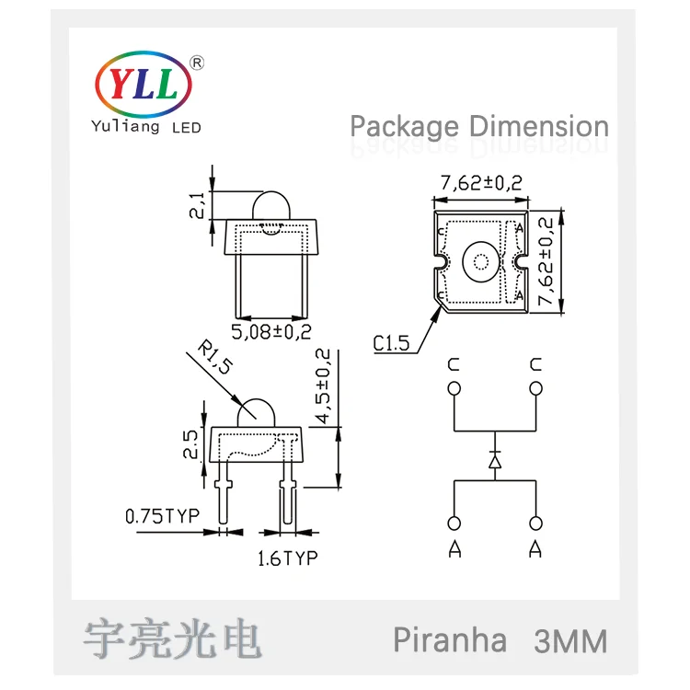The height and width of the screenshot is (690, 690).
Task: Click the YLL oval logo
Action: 144,84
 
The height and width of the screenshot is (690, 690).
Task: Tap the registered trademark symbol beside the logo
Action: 197,63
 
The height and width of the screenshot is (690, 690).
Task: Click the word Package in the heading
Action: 404,127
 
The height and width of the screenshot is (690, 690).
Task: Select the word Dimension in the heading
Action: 539,126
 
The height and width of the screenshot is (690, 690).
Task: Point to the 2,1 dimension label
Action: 197,205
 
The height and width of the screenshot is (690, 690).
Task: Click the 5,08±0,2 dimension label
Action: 271,332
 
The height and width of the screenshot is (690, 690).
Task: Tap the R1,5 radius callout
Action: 215,356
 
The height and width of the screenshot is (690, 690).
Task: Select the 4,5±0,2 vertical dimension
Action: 324,385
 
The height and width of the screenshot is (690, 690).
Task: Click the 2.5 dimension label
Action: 190,444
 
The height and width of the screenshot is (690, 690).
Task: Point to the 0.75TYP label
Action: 162,516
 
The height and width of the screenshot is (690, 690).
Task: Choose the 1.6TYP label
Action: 287,558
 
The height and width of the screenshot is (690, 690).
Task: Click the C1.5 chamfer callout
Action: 391,343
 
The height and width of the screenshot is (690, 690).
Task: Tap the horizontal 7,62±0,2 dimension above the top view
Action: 481,183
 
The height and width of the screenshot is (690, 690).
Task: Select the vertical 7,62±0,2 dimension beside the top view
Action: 546,261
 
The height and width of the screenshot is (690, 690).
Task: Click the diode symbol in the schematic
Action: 495,461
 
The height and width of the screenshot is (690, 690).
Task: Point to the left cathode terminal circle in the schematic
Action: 454,389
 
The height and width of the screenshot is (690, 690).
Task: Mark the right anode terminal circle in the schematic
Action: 535,523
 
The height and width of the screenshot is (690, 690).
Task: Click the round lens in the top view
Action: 481,262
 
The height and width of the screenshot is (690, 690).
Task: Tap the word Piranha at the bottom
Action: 450,639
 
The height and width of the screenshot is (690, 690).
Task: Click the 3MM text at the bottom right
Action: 570,641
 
